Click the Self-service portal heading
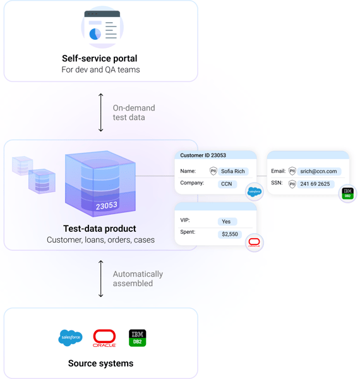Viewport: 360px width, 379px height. (100, 58)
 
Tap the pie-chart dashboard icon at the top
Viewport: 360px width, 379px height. (101, 27)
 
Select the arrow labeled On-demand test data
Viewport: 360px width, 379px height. (101, 112)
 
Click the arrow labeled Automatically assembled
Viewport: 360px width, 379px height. (101, 279)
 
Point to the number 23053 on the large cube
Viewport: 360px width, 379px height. (107, 205)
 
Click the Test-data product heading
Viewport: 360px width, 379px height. (100, 229)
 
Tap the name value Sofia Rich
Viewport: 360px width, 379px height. (232, 171)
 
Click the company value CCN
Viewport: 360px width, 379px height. (227, 184)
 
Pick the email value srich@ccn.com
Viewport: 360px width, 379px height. (319, 171)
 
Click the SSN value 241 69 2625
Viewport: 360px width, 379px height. (315, 184)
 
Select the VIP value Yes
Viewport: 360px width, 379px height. (226, 222)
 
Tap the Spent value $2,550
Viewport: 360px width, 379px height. (229, 234)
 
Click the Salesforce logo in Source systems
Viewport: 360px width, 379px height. (70, 338)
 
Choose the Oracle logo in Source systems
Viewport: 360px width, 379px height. (104, 338)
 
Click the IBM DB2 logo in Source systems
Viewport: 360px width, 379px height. (137, 338)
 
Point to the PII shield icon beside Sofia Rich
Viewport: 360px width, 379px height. (213, 171)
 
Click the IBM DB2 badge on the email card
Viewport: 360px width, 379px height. (347, 193)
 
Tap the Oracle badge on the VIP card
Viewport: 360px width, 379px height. (254, 243)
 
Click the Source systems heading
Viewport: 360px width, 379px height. (100, 363)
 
